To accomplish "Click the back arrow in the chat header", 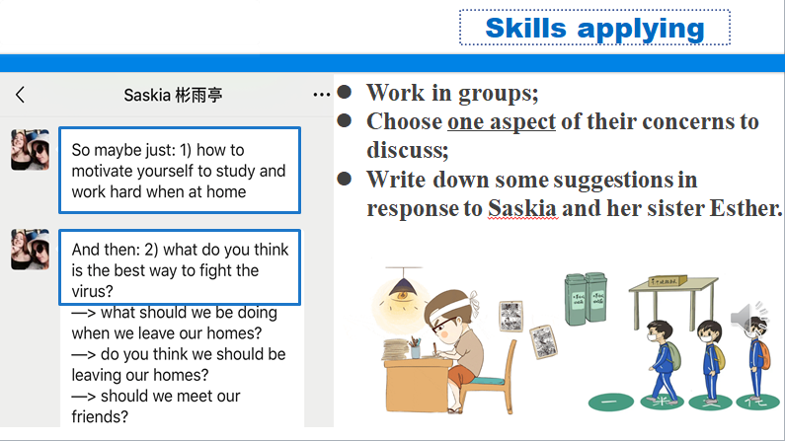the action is pyautogui.click(x=20, y=95).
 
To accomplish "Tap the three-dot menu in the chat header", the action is pyautogui.click(x=322, y=94).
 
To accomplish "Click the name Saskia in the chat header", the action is pyautogui.click(x=147, y=95).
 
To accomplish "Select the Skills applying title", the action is pyautogui.click(x=594, y=28).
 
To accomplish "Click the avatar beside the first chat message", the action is pyautogui.click(x=30, y=150).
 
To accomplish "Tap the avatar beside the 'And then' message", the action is pyautogui.click(x=30, y=250).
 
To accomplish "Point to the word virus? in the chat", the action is pyautogui.click(x=92, y=291).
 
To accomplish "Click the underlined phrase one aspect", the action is pyautogui.click(x=502, y=121).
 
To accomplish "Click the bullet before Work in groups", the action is pyautogui.click(x=345, y=92).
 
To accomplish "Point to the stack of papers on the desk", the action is pyautogui.click(x=396, y=349).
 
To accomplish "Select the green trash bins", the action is pyautogui.click(x=586, y=299).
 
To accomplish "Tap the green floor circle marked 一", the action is pyautogui.click(x=611, y=402).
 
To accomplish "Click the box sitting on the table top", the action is pyautogui.click(x=667, y=281).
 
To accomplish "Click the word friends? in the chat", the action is pyautogui.click(x=100, y=416).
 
